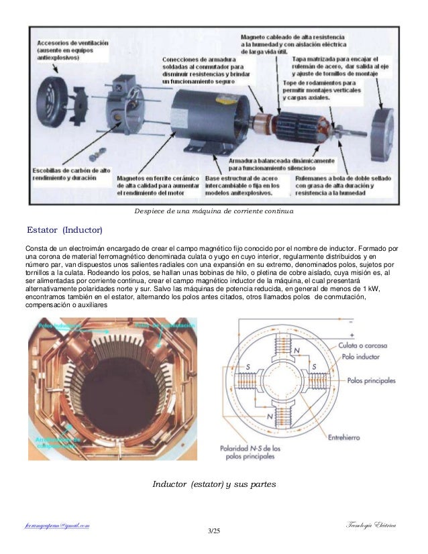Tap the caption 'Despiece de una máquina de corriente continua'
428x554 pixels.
pyautogui.click(x=214, y=212)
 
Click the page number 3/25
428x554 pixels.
pyautogui.click(x=214, y=532)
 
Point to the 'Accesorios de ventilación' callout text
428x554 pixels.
pyautogui.click(x=64, y=42)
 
